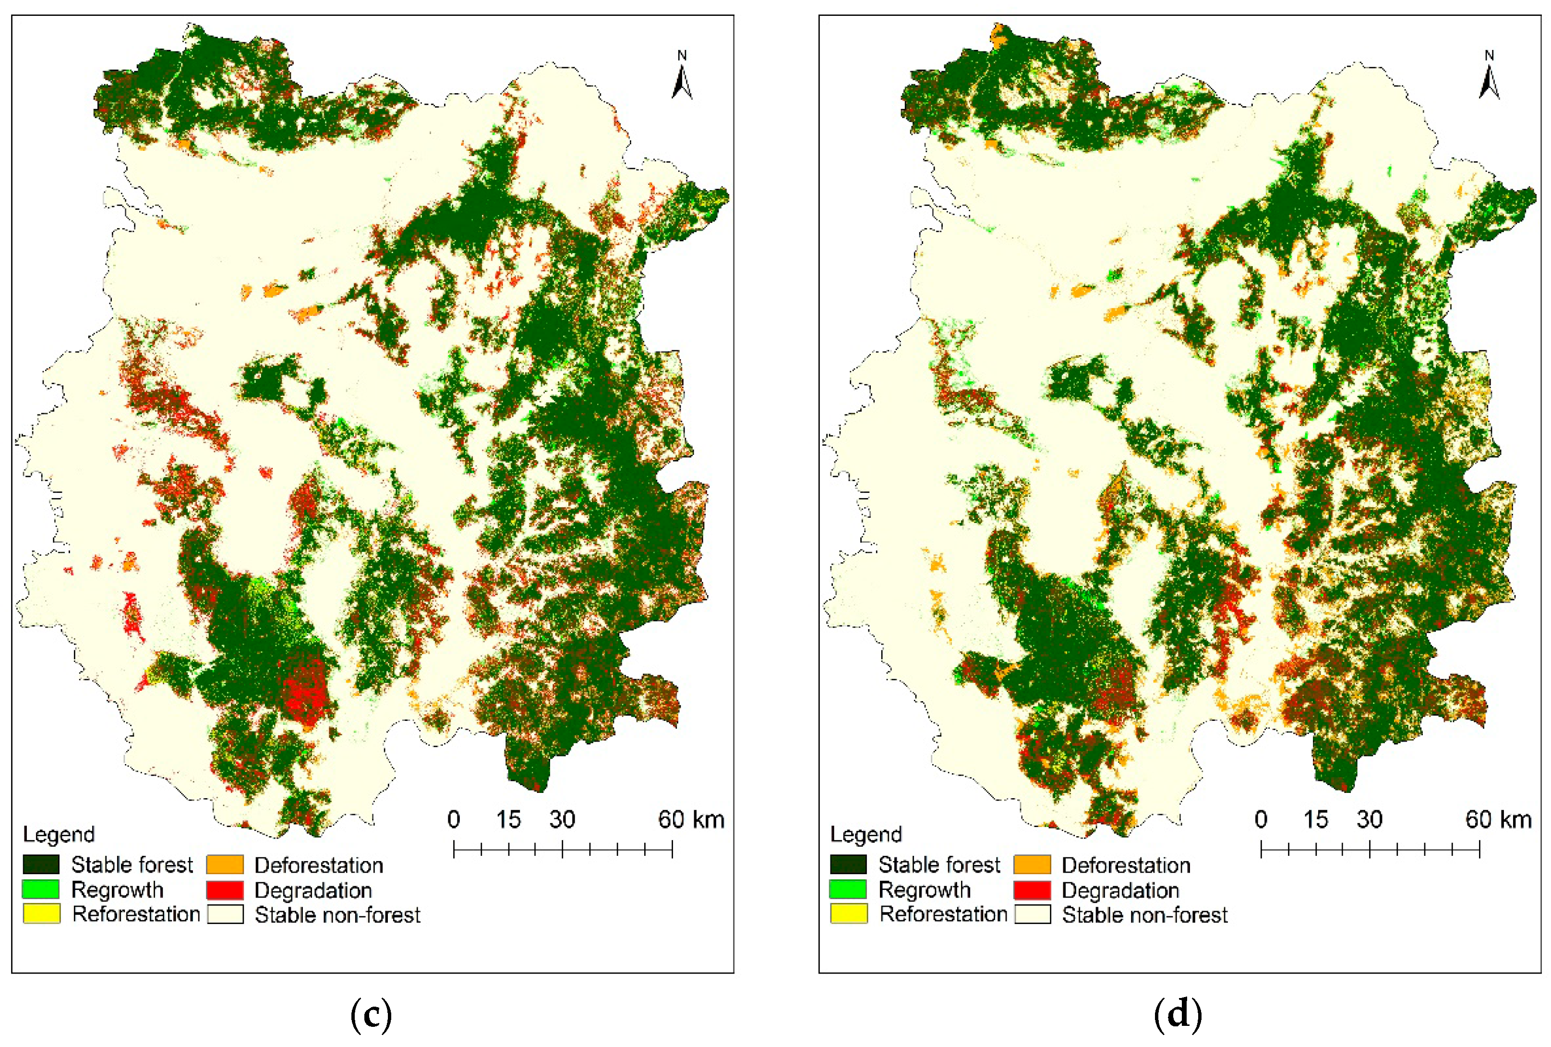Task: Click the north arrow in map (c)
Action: (681, 77)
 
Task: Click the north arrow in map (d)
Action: (1489, 77)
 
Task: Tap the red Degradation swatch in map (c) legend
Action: (225, 890)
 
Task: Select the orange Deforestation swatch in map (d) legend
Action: (1032, 864)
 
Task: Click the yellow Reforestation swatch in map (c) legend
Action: (41, 913)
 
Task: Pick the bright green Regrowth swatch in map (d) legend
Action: (848, 889)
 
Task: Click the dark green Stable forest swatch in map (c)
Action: (41, 864)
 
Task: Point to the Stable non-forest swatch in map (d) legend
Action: (1032, 914)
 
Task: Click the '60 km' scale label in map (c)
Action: (691, 819)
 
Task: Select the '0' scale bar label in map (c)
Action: (454, 819)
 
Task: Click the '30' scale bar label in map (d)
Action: (1370, 819)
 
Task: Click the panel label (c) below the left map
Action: (371, 1013)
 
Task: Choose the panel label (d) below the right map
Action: (1178, 1013)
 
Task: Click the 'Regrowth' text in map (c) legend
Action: (118, 890)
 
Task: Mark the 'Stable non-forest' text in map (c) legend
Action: (337, 915)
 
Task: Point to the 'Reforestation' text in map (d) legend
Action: (943, 914)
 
